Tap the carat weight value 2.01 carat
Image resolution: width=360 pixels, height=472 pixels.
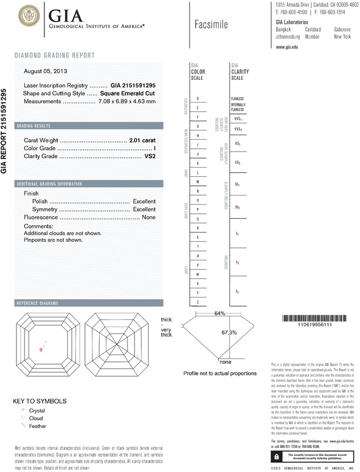(142, 140)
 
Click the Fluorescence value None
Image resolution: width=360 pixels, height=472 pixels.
(149, 217)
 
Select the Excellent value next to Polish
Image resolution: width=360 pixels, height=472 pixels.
(144, 201)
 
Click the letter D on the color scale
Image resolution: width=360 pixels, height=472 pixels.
(198, 99)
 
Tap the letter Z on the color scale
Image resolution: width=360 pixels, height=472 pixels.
(198, 302)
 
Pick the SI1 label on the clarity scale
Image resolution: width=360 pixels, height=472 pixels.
(237, 185)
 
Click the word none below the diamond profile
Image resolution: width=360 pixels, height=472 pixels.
(225, 361)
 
